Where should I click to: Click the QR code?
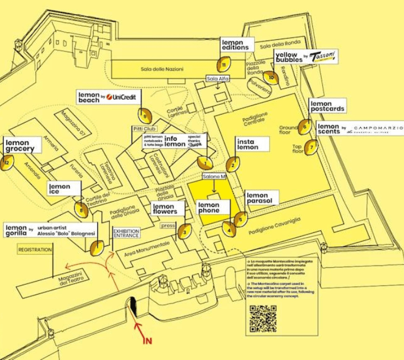(x=263, y=319)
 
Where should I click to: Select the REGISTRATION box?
(x=35, y=250)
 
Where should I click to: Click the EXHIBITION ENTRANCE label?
(x=126, y=233)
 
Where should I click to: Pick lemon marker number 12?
(x=7, y=163)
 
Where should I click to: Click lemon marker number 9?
(x=145, y=115)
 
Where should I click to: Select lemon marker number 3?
(x=185, y=232)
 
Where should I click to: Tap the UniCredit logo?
(x=124, y=97)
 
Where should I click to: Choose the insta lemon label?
(x=252, y=144)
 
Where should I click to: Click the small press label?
(x=168, y=225)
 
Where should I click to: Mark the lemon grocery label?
(x=22, y=146)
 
